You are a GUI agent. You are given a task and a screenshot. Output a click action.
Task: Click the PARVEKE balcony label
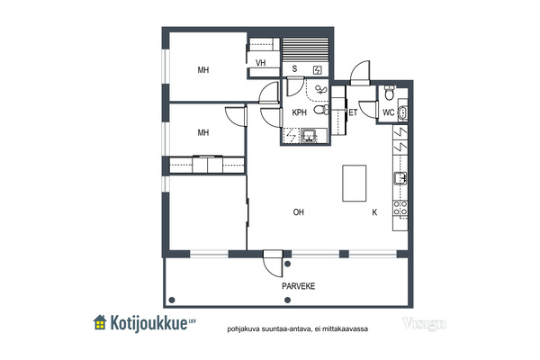pyautogui.click(x=298, y=286)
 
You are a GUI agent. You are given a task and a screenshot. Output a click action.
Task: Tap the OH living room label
pyautogui.click(x=298, y=212)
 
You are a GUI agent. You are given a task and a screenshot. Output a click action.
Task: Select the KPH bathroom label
pyautogui.click(x=299, y=112)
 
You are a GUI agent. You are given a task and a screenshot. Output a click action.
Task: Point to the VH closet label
pyautogui.click(x=261, y=63)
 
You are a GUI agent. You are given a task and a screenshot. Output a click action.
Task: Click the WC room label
pyautogui.click(x=389, y=112)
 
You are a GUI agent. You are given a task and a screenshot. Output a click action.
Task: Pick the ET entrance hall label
pyautogui.click(x=353, y=112)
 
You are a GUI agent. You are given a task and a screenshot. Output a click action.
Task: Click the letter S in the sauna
pyautogui.click(x=294, y=69)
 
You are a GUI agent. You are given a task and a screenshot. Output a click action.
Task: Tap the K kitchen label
pyautogui.click(x=374, y=212)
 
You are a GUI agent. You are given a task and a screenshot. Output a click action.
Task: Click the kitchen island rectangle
pyautogui.click(x=354, y=183)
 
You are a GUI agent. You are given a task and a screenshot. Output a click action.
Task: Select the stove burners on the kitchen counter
pyautogui.click(x=400, y=208)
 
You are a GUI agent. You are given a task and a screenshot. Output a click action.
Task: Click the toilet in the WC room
pyautogui.click(x=389, y=93)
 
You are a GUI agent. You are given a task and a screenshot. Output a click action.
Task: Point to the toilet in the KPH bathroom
pyautogui.click(x=321, y=110)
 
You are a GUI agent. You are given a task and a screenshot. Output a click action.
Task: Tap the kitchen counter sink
pyautogui.click(x=400, y=178)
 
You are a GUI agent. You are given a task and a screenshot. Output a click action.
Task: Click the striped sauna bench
pyautogui.click(x=305, y=49)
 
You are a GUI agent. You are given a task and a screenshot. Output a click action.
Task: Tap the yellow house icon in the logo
pyautogui.click(x=100, y=322)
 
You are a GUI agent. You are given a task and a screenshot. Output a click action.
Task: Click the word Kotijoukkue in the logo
pyautogui.click(x=148, y=323)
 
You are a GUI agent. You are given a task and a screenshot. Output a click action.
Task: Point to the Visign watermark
pyautogui.click(x=424, y=324)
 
